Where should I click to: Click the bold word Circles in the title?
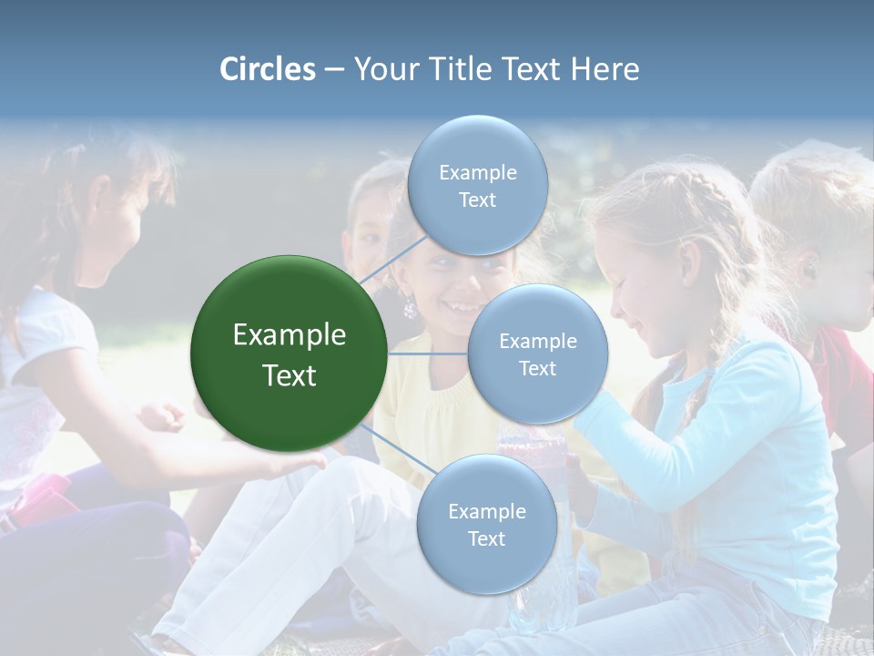267,69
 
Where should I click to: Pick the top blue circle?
477,185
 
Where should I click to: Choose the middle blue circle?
537,354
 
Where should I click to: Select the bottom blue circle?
486,524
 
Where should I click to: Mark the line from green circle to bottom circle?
396,450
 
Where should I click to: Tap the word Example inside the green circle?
290,335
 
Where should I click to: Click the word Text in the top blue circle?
477,200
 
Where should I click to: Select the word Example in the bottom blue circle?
486,511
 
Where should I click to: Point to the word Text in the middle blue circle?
537,368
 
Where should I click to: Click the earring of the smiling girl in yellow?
410,309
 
